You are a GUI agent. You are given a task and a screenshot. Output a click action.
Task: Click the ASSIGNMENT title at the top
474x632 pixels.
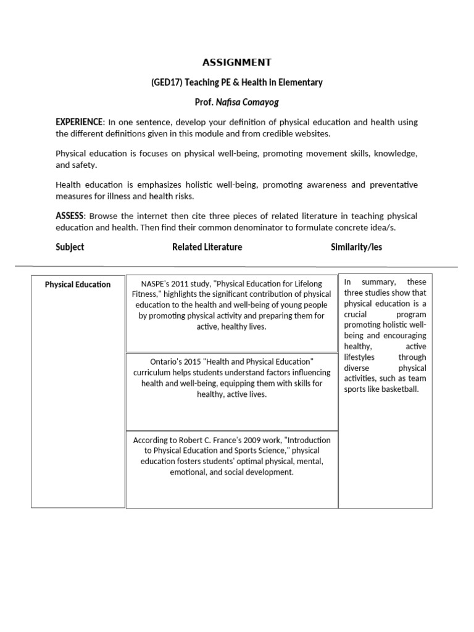[x=236, y=62]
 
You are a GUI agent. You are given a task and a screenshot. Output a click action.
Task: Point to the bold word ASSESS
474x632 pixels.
[x=69, y=216]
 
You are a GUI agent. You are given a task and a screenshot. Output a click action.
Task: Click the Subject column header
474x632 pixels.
[x=70, y=247]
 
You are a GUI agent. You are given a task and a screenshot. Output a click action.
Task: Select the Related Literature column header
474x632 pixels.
[x=207, y=247]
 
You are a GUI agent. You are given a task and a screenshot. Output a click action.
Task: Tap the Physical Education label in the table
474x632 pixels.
[x=78, y=285]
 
